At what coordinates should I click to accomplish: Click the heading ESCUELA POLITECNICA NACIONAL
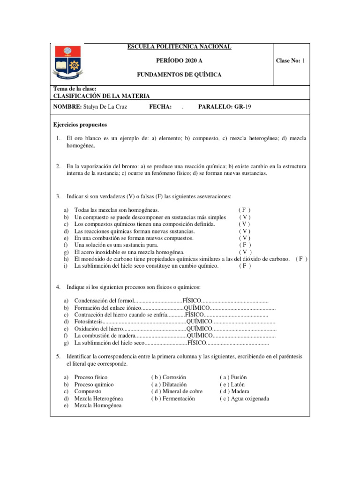179,46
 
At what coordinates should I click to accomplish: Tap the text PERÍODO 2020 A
179,60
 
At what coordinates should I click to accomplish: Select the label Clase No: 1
290,60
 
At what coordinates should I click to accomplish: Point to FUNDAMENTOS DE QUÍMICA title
179,75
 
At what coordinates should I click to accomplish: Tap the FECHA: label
160,107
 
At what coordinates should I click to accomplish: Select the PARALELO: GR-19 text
225,107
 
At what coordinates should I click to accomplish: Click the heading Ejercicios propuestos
80,125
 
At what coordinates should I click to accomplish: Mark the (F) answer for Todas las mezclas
245,210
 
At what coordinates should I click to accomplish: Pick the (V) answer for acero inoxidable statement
245,252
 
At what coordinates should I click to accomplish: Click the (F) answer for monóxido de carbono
301,259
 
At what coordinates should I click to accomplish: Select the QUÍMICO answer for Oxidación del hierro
199,328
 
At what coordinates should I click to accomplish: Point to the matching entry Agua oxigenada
244,398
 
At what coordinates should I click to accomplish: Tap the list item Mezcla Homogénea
97,405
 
